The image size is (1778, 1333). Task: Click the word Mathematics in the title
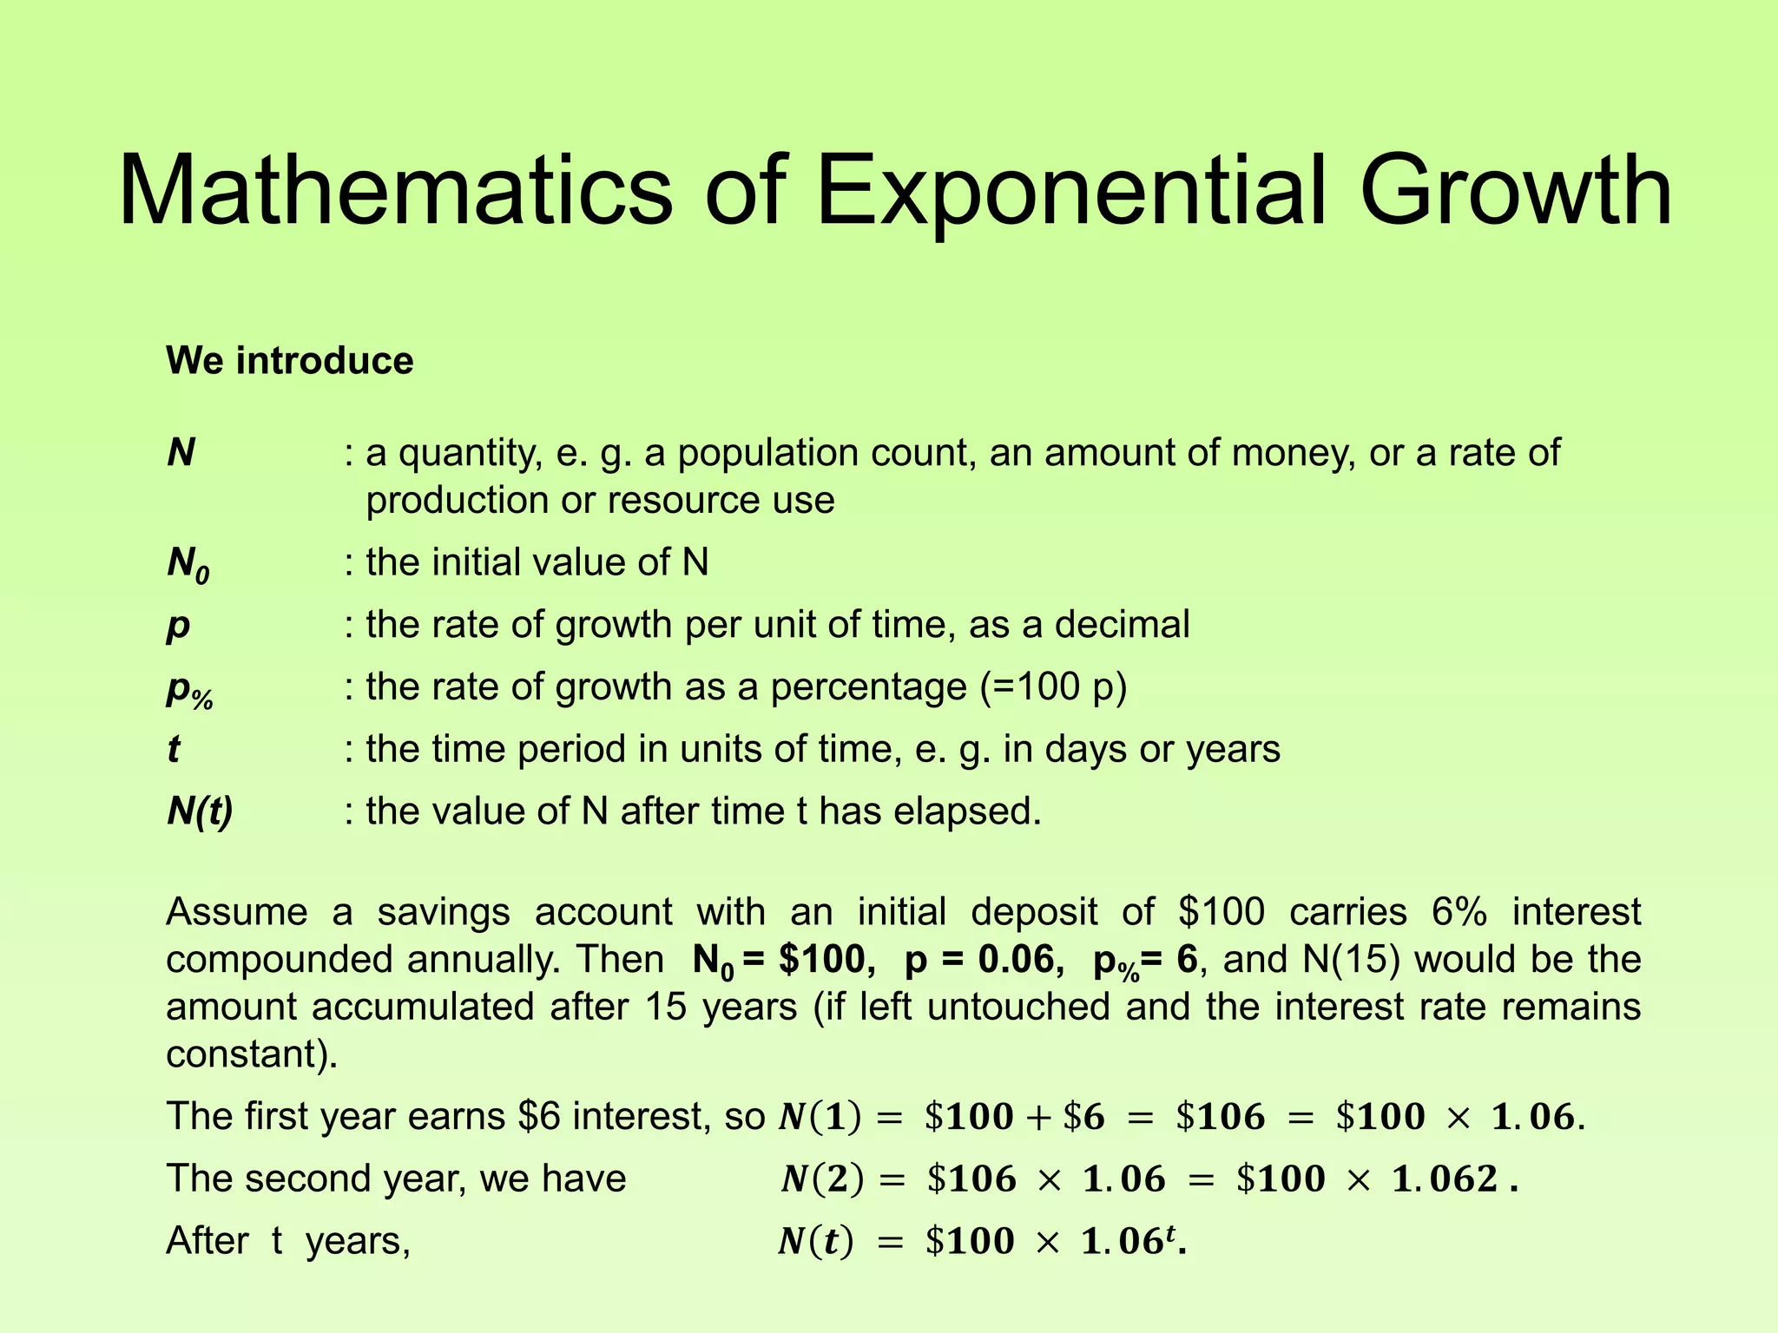pos(395,191)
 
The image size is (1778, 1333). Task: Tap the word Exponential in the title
pos(1071,191)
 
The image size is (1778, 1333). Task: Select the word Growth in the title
pos(1515,191)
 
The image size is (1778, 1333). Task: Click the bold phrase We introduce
pos(290,360)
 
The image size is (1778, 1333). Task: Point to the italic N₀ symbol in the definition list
pos(188,564)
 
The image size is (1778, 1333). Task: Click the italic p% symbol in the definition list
pos(189,690)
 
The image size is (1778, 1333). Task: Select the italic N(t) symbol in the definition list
pos(200,811)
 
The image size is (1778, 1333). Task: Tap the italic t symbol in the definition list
pos(174,749)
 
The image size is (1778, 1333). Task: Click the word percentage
pos(868,687)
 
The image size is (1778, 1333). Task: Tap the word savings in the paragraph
pos(444,912)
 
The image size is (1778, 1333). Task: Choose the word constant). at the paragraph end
pos(252,1054)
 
